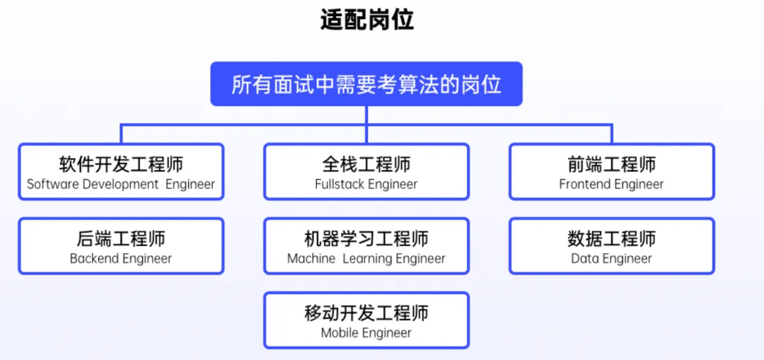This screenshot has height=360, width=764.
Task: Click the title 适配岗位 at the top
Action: [367, 21]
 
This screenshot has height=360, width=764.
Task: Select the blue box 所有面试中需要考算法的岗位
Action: [366, 83]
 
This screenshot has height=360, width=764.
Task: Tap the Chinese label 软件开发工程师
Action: [122, 164]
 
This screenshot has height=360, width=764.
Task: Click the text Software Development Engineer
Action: [121, 185]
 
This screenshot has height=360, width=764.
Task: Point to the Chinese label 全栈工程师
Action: [366, 164]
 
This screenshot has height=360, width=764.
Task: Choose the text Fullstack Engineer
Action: [366, 185]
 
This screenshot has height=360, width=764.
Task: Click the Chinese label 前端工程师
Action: [612, 164]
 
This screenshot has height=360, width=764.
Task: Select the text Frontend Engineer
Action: [611, 185]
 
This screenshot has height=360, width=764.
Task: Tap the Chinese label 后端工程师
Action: [122, 238]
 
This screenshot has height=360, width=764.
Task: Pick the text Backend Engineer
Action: [121, 259]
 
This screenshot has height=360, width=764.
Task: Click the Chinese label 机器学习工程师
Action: [366, 238]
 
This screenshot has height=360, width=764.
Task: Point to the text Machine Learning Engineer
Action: [366, 259]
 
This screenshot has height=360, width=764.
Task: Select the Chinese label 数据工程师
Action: [612, 238]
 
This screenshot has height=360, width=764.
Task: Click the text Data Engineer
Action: [611, 259]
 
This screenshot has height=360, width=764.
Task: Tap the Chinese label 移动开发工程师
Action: [366, 313]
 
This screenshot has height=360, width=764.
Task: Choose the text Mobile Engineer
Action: [366, 333]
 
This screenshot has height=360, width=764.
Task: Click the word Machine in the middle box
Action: [311, 259]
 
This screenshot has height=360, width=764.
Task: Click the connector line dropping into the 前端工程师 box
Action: [612, 134]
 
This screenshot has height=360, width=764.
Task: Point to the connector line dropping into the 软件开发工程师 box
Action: [122, 134]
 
